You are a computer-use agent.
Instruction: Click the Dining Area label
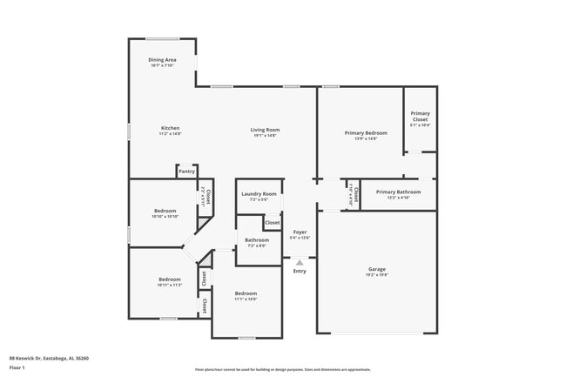162,59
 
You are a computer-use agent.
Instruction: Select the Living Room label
266,129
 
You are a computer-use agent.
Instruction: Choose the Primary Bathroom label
398,192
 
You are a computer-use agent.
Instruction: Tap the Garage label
376,269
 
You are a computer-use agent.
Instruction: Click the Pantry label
186,172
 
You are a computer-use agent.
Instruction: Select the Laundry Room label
259,193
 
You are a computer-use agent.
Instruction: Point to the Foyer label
300,232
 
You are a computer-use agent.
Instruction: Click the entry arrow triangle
300,261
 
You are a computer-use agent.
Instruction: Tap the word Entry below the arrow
300,271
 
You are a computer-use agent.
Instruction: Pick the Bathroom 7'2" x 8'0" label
256,240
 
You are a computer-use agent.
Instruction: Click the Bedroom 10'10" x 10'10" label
165,211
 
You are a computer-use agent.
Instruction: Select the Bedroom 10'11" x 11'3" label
169,279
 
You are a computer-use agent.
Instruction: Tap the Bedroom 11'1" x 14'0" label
246,293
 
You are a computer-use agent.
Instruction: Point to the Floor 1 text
17,368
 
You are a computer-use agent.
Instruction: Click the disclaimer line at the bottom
282,369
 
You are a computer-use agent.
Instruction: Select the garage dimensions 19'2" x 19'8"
376,275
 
